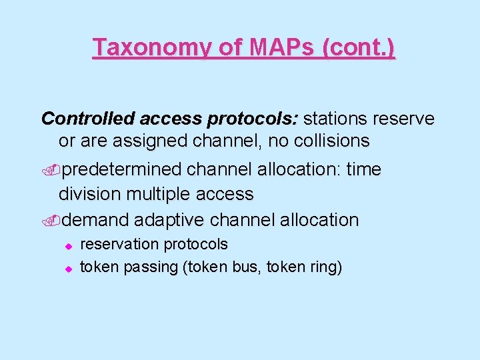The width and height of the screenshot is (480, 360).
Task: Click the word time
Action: [364, 170]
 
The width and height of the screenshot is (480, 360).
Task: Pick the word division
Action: [90, 194]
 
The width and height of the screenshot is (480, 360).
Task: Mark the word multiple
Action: [159, 194]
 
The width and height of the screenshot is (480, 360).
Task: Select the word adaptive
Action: [173, 219]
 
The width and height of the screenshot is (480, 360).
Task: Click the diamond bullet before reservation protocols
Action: [67, 246]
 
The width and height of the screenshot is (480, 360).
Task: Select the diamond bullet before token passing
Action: [67, 269]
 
